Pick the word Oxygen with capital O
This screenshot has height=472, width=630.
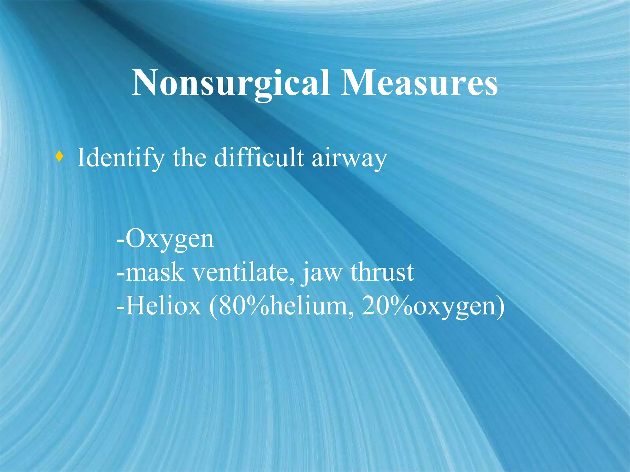click(169, 239)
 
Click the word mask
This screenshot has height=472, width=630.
click(155, 272)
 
